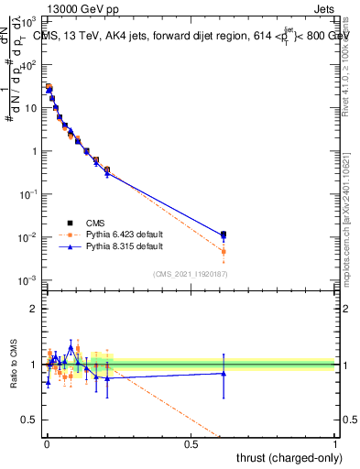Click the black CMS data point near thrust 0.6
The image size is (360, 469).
[x=224, y=234]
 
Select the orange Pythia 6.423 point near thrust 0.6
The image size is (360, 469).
[x=224, y=251]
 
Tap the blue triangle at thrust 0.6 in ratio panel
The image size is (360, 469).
[x=224, y=373]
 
